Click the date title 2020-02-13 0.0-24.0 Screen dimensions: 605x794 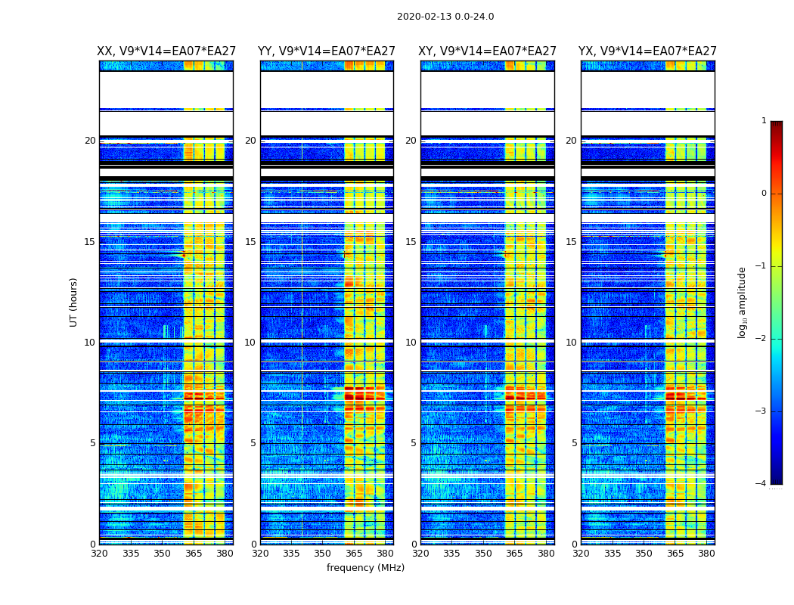(x=445, y=17)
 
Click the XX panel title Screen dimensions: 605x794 (x=166, y=51)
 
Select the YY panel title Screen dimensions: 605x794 (x=327, y=51)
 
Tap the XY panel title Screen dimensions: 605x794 (x=488, y=51)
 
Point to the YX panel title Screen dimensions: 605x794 (x=648, y=51)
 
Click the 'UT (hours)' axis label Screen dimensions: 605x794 (x=74, y=302)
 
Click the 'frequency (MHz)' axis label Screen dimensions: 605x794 (x=365, y=568)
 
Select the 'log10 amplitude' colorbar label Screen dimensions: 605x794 (x=743, y=302)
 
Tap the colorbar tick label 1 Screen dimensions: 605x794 (x=764, y=121)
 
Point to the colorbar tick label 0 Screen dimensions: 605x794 (x=764, y=194)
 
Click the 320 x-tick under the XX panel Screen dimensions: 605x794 (x=99, y=554)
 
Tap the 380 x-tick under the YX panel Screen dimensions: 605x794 (x=706, y=554)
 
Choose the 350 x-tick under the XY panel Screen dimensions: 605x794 (x=483, y=554)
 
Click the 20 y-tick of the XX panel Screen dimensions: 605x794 (x=90, y=141)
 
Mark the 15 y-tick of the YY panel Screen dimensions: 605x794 (x=250, y=242)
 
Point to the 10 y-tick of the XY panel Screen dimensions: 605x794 (x=411, y=343)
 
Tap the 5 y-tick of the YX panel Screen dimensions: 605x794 (x=574, y=443)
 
